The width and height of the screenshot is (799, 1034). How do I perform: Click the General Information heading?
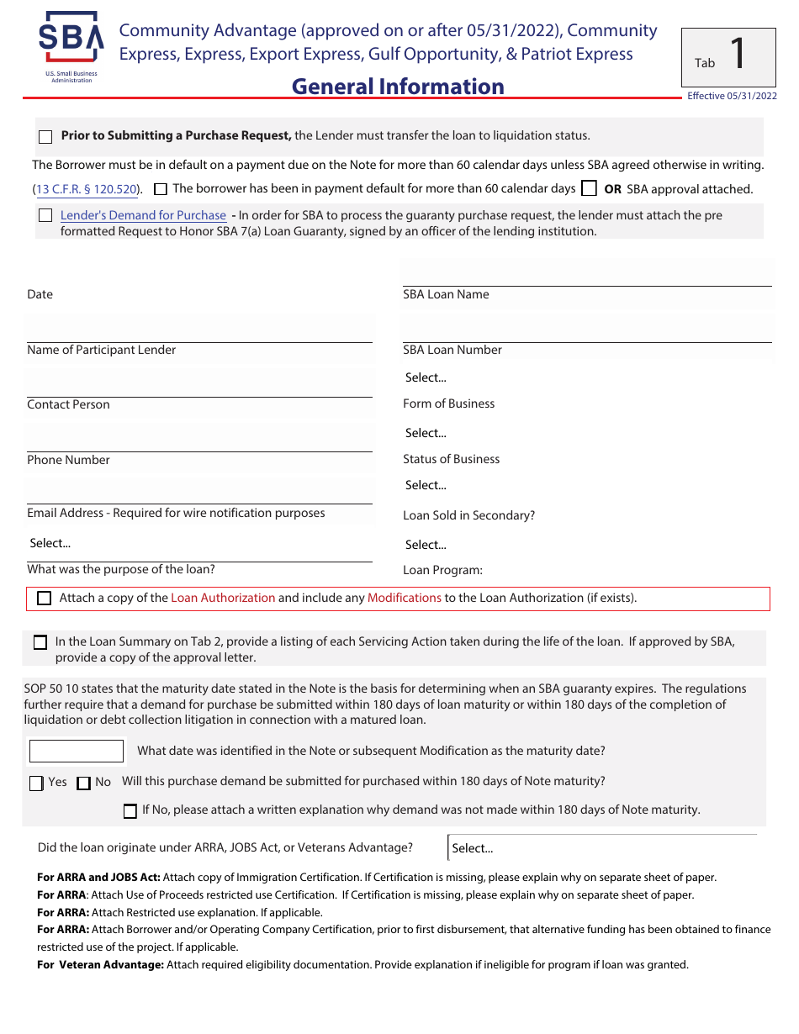tap(398, 87)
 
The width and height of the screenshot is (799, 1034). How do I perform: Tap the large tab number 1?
tap(737, 55)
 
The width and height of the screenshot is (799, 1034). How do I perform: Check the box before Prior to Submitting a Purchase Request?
tap(45, 137)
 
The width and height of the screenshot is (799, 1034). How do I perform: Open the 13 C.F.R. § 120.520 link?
tap(87, 189)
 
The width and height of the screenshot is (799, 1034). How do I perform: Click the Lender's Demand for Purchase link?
tap(143, 215)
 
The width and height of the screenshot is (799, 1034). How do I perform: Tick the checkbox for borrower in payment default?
tap(161, 189)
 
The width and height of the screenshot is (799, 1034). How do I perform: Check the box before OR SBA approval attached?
tap(590, 188)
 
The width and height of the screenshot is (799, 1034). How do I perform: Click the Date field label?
tap(40, 294)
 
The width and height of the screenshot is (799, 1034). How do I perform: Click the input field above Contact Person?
tap(199, 382)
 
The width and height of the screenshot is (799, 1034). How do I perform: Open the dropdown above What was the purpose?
tap(199, 543)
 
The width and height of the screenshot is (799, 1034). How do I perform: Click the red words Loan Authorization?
tap(223, 598)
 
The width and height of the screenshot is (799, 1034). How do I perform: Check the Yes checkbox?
tap(36, 783)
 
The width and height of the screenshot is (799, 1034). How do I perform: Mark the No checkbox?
tap(83, 783)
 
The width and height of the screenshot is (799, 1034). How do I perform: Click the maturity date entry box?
tap(77, 751)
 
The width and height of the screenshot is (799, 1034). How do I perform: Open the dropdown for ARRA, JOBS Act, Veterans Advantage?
tap(601, 848)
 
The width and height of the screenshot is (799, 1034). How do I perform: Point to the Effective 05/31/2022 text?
tap(732, 96)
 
